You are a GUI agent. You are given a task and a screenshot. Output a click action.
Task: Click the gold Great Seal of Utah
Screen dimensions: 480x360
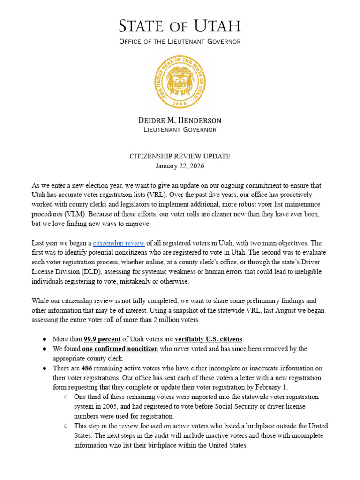click(x=180, y=82)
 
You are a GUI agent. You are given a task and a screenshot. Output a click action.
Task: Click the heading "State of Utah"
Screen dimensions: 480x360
click(x=180, y=26)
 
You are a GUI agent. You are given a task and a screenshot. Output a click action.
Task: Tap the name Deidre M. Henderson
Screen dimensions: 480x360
click(x=180, y=120)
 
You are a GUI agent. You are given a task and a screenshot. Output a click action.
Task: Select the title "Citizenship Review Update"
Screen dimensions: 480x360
click(x=180, y=156)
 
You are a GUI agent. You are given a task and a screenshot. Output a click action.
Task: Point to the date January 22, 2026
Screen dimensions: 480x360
click(x=180, y=166)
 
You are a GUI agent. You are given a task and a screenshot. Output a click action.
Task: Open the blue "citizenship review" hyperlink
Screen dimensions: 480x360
click(x=119, y=243)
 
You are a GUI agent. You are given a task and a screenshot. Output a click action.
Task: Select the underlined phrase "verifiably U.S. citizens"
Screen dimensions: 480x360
click(x=209, y=339)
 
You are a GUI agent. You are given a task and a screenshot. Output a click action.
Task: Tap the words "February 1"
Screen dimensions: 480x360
click(x=271, y=387)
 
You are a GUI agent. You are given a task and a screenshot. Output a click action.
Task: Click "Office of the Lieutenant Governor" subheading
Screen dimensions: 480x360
click(x=180, y=42)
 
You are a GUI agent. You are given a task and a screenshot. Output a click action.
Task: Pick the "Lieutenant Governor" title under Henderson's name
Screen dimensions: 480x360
click(x=180, y=130)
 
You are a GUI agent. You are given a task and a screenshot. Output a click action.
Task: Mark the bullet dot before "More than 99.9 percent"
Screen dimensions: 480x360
click(x=44, y=339)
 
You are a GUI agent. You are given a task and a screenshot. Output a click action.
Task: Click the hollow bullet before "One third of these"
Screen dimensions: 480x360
click(x=66, y=397)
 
